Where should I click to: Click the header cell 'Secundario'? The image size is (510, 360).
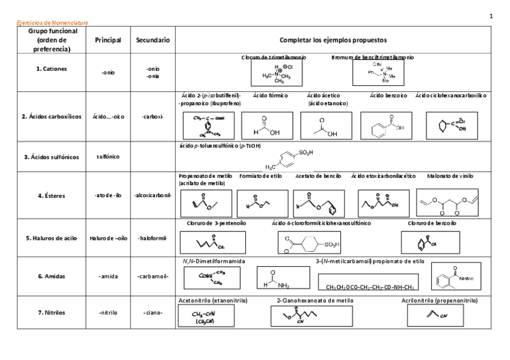pyautogui.click(x=152, y=40)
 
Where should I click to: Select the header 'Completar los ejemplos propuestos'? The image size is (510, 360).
pyautogui.click(x=333, y=40)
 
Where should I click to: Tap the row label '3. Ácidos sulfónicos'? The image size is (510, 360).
pyautogui.click(x=51, y=157)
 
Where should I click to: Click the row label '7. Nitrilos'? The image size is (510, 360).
pyautogui.click(x=51, y=313)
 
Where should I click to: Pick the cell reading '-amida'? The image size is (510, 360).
pyautogui.click(x=108, y=276)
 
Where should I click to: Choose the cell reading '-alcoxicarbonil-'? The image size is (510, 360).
pyautogui.click(x=152, y=195)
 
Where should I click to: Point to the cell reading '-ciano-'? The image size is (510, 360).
pyautogui.click(x=152, y=313)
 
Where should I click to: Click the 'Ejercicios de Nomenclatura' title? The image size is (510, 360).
pyautogui.click(x=52, y=23)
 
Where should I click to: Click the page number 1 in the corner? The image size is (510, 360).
pyautogui.click(x=491, y=16)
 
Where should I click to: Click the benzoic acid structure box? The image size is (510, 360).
pyautogui.click(x=386, y=126)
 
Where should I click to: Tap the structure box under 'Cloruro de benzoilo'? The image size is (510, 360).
pyautogui.click(x=430, y=242)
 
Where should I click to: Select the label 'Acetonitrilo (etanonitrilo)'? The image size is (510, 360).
pyautogui.click(x=214, y=300)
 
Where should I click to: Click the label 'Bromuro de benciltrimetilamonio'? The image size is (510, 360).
pyautogui.click(x=372, y=58)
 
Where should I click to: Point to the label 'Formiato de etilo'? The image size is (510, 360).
pyautogui.click(x=260, y=176)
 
